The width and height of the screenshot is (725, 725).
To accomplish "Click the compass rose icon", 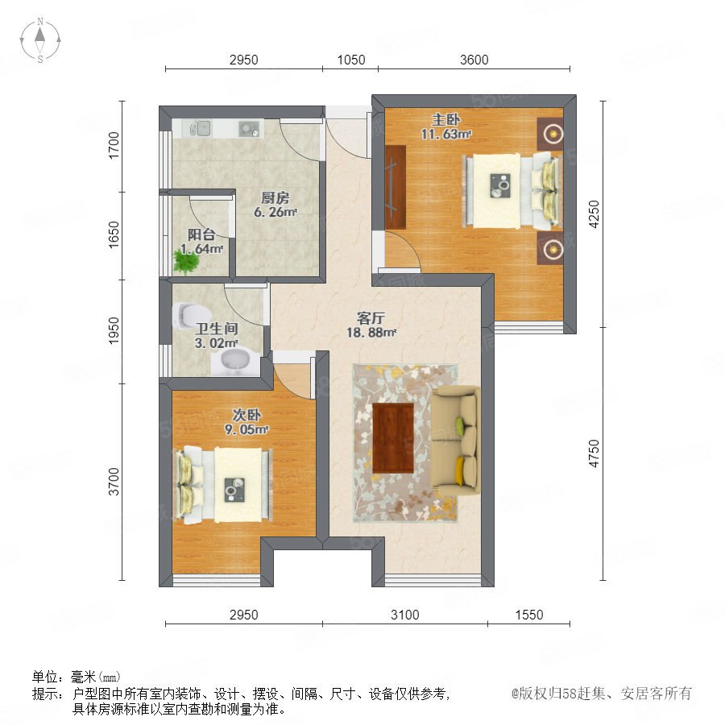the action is pyautogui.click(x=40, y=40).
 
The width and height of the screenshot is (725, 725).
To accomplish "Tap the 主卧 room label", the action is pyautogui.click(x=445, y=120).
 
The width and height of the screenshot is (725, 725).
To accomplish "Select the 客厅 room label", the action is pyautogui.click(x=371, y=318).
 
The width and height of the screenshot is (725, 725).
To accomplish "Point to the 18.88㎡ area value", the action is pyautogui.click(x=371, y=333).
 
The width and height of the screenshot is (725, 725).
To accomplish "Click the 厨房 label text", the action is pyautogui.click(x=275, y=198).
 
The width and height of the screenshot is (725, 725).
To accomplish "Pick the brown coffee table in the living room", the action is pyautogui.click(x=393, y=438).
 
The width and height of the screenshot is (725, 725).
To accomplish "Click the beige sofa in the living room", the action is pyautogui.click(x=456, y=441).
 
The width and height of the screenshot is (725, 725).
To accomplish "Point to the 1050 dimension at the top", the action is pyautogui.click(x=351, y=60).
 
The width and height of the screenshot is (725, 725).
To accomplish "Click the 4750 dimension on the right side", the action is pyautogui.click(x=594, y=453).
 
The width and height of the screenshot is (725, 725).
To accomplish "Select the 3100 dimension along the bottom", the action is pyautogui.click(x=404, y=615).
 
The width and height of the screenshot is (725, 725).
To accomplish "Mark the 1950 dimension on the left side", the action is pyautogui.click(x=114, y=331).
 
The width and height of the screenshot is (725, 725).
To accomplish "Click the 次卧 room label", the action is pyautogui.click(x=246, y=415).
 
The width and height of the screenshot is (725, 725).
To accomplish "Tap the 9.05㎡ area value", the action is pyautogui.click(x=246, y=429).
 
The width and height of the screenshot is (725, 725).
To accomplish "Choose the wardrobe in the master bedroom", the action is pyautogui.click(x=396, y=187).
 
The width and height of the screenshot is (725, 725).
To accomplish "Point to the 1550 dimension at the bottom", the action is pyautogui.click(x=529, y=615).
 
